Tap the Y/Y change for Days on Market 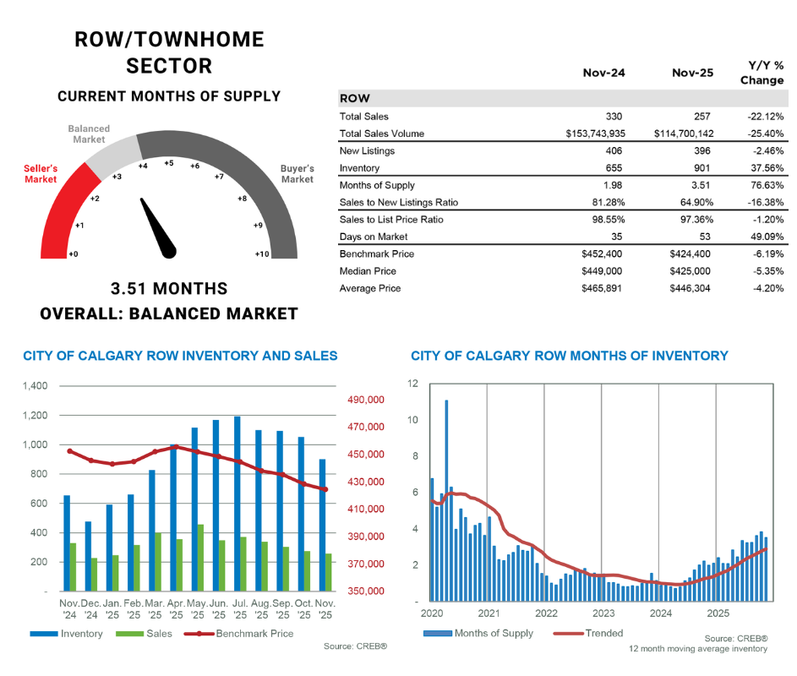[x=766, y=237]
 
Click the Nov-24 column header [x=603, y=74]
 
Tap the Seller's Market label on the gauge [x=41, y=174]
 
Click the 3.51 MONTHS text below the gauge [x=169, y=289]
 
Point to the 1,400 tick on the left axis [x=35, y=386]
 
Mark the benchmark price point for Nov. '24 [x=69, y=451]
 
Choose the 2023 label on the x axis [x=603, y=613]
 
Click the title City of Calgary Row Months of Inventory [x=568, y=356]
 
